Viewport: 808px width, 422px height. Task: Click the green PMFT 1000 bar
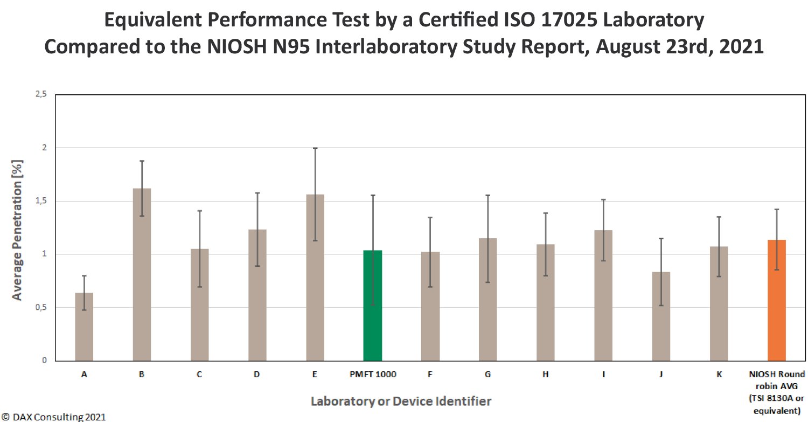372,305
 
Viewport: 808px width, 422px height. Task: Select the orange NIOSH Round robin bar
776,300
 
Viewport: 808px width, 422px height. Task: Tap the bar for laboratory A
84,327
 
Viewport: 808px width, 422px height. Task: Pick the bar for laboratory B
142,274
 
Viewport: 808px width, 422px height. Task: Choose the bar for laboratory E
315,278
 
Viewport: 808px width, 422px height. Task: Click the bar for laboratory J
661,316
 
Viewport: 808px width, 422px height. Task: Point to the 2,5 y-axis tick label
41,94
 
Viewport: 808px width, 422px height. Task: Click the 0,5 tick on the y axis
41,307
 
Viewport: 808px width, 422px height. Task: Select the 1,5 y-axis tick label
41,201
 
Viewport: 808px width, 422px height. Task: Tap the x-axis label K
719,375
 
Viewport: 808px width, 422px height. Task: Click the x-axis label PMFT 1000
372,375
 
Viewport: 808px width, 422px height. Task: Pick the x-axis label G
487,375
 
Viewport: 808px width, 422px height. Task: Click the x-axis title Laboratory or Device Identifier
401,401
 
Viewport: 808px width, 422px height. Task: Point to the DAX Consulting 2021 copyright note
53,417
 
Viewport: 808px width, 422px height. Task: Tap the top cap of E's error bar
315,148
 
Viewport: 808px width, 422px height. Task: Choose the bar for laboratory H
545,302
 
